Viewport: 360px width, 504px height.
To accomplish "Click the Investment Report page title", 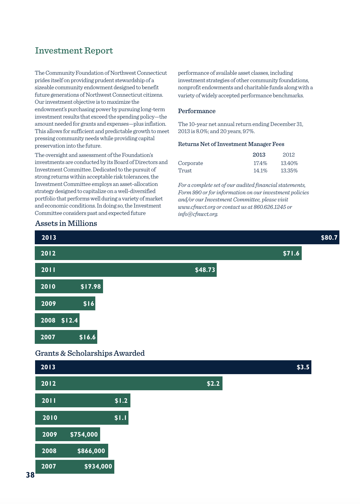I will click(74, 51).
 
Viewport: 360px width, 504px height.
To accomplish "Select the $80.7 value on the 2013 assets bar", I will click(329, 238).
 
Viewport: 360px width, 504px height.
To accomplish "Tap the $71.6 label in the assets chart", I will click(291, 254).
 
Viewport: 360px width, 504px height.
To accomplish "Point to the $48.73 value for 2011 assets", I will click(205, 270).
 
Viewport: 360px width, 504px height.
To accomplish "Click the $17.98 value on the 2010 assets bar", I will click(90, 287).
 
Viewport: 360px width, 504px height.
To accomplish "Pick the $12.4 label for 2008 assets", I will click(70, 321).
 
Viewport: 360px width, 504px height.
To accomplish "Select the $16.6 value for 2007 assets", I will click(87, 337).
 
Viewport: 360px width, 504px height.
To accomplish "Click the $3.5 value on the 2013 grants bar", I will click(303, 367).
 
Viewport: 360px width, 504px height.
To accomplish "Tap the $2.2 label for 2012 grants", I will click(213, 384).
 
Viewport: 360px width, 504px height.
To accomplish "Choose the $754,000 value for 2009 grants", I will click(84, 435).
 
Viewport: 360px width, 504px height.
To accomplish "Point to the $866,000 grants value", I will click(91, 451).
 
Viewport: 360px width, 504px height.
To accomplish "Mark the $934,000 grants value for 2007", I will click(98, 467).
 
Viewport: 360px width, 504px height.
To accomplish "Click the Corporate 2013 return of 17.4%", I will click(260, 163).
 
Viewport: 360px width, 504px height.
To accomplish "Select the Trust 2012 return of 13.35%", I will click(289, 171).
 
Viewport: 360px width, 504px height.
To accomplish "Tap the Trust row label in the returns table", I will click(185, 171).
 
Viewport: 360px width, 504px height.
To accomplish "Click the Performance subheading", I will click(197, 111).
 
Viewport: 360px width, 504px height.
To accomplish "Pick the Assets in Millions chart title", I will click(66, 224).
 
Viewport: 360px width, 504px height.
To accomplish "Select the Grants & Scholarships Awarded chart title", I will click(90, 354).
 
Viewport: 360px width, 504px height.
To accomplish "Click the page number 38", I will click(30, 475).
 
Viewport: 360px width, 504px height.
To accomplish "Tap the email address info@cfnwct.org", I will click(198, 214).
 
